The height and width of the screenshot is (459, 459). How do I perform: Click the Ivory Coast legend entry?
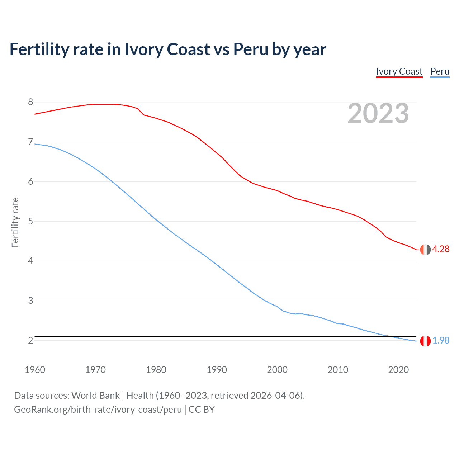tap(399, 71)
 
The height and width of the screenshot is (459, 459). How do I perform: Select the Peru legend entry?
tap(440, 71)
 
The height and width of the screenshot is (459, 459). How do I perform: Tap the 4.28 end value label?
tap(441, 249)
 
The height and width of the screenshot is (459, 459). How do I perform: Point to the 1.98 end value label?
tap(441, 340)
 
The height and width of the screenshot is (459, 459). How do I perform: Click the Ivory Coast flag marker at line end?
tap(425, 250)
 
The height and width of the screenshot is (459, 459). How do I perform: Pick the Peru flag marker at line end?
tap(425, 341)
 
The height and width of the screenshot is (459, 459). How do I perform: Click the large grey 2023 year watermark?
tap(378, 113)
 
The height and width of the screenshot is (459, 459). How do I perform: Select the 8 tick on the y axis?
tap(30, 102)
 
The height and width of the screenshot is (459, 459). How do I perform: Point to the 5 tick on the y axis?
tap(30, 221)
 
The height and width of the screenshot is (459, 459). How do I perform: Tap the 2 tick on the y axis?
tap(30, 340)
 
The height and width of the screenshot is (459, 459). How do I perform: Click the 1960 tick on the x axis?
tap(35, 370)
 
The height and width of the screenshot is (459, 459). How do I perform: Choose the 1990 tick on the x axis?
tap(217, 370)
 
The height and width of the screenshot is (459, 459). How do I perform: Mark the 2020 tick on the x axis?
tap(398, 370)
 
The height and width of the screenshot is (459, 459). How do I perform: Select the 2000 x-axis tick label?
tap(277, 370)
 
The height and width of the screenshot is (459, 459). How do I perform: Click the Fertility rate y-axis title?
tap(15, 222)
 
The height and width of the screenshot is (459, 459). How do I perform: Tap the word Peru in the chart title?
tap(251, 49)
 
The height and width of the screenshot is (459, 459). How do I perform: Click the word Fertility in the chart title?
tap(39, 49)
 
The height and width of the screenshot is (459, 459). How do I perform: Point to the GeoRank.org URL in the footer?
tap(98, 409)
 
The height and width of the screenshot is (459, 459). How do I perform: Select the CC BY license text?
tap(202, 409)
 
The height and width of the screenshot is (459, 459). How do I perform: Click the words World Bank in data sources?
tap(95, 395)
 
